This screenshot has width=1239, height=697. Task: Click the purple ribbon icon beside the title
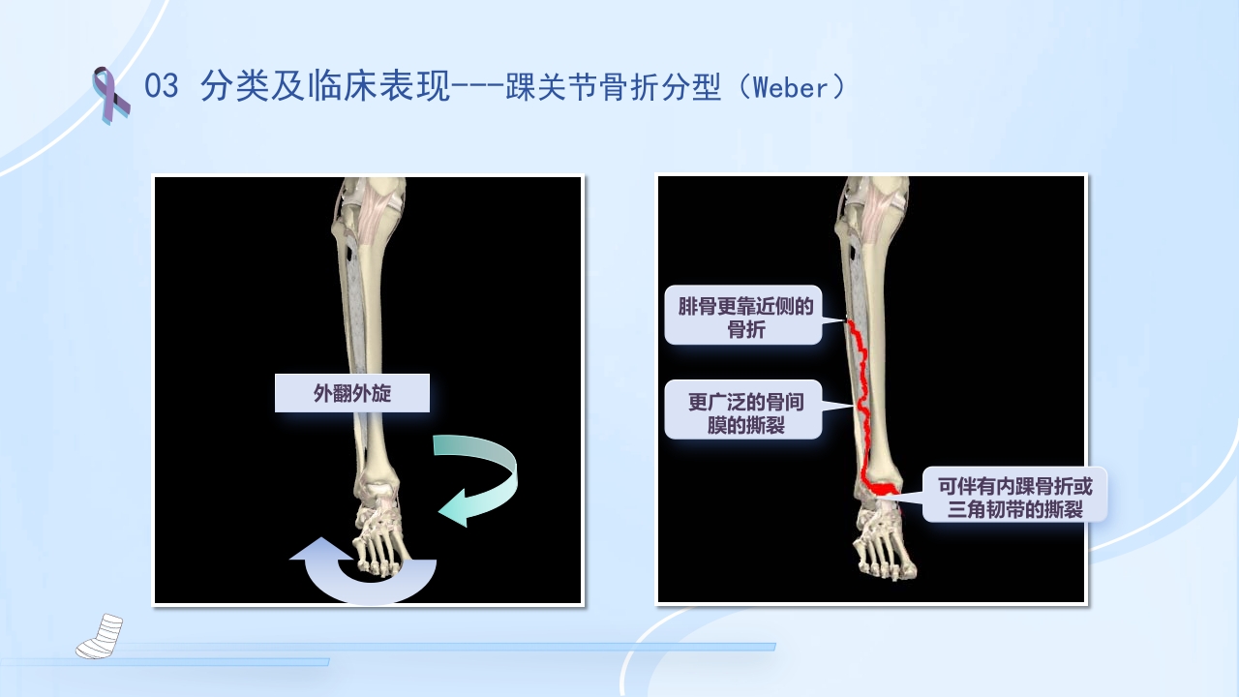pos(109,94)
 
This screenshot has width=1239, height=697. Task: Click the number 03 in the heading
pos(162,87)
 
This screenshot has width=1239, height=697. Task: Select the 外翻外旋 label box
pos(351,393)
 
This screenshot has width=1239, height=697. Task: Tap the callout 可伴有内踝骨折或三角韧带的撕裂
pos(1013,496)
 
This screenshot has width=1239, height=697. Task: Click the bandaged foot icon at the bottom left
pos(99,635)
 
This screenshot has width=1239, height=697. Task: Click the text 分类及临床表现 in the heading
pos(326,87)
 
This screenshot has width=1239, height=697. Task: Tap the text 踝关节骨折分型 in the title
pos(614,87)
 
